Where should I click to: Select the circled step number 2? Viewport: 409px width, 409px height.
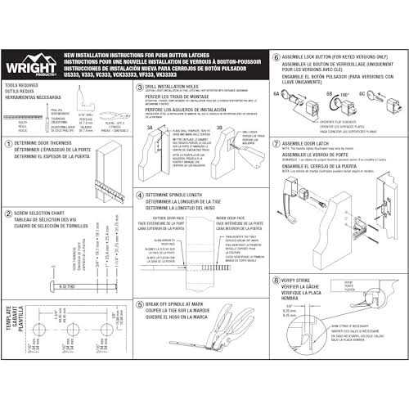[x=7, y=211]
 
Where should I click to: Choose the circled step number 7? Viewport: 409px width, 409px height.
[x=276, y=142]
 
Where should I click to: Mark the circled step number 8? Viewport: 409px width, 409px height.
[x=276, y=277]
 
